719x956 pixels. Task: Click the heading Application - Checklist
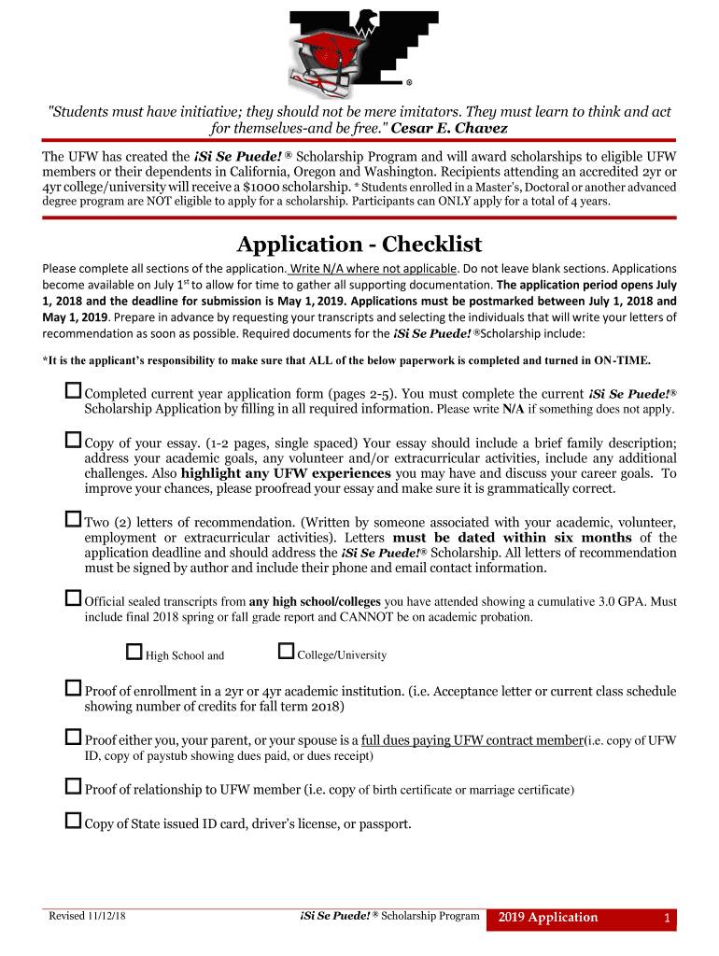coord(359,245)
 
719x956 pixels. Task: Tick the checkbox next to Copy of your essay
coord(74,439)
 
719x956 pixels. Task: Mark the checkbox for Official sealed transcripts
coord(74,597)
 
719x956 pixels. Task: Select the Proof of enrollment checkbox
coord(74,688)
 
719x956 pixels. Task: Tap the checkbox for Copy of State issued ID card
coord(74,821)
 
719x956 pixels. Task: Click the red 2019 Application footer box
coord(548,918)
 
